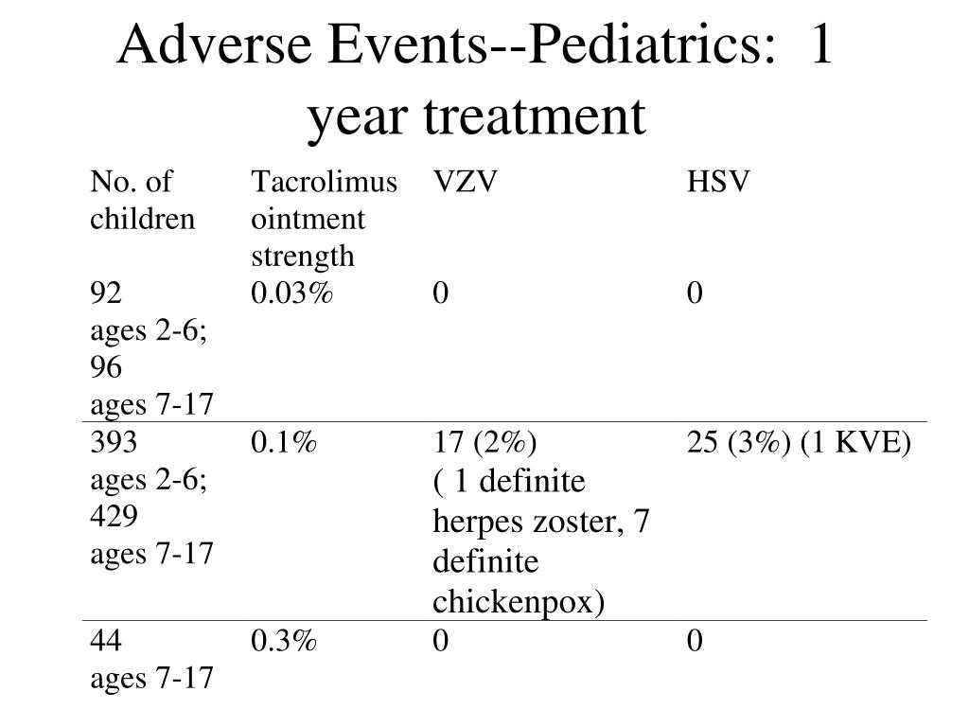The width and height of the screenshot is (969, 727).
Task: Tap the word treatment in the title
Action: (x=535, y=116)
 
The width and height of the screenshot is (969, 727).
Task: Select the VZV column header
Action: (x=465, y=182)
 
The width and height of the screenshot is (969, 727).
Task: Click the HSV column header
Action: (x=718, y=182)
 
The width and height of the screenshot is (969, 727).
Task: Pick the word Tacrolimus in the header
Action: (x=324, y=182)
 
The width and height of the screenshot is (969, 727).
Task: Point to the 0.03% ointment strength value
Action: (x=291, y=293)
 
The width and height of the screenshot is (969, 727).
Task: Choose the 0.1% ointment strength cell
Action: (x=284, y=443)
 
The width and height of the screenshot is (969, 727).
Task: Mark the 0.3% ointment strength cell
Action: (x=284, y=641)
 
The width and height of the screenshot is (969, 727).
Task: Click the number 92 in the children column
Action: (x=106, y=293)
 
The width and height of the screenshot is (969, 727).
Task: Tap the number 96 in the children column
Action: (x=106, y=367)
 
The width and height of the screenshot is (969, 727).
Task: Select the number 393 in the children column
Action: (x=114, y=443)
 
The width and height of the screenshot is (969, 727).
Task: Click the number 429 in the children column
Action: (x=114, y=516)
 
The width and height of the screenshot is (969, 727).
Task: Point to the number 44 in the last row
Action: (x=106, y=641)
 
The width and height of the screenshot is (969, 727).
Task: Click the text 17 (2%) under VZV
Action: (x=484, y=443)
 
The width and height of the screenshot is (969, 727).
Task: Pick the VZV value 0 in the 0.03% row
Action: (x=441, y=293)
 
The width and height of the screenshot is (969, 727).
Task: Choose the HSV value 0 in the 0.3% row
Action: (x=695, y=641)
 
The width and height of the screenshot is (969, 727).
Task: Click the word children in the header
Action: (x=142, y=219)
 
